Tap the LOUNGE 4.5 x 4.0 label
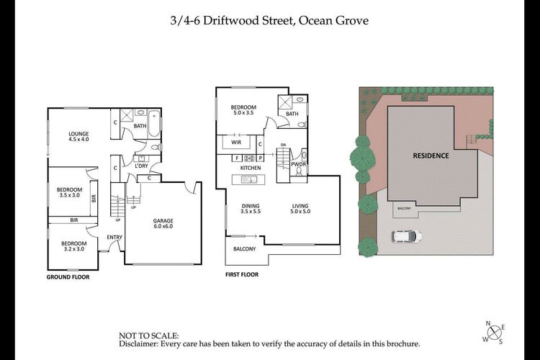point(78,136)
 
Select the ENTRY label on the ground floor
point(114,237)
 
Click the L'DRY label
point(141,166)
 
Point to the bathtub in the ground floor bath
point(154,124)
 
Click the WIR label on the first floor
point(236,142)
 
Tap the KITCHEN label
point(251,168)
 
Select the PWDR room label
point(298,164)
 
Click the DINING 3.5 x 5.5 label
point(251,208)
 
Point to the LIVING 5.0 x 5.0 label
point(300,208)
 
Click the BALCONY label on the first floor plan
point(244,248)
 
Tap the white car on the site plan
point(406,236)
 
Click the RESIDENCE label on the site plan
point(431,156)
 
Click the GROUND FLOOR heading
point(68,277)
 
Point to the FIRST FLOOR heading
point(242,274)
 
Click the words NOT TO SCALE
point(149,336)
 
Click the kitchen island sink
point(248,179)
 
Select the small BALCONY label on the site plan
point(404,208)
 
